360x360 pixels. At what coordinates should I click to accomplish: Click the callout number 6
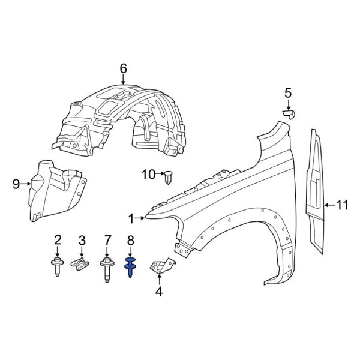pos(123,69)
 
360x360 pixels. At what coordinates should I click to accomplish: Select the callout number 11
pos(341,206)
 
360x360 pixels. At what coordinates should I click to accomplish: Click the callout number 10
pos(148,175)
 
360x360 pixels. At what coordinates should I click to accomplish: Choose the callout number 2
pos(58,241)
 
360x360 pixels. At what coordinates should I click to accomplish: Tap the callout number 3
pos(82,241)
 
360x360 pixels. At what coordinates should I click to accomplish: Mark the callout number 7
pos(108,241)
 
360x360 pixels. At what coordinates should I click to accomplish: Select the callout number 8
pos(130,241)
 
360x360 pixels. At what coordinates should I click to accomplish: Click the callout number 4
pos(158,292)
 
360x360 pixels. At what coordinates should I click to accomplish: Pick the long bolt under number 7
pos(108,269)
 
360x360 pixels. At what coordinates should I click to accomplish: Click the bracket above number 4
pos(162,266)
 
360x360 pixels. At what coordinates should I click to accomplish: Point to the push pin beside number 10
pos(168,178)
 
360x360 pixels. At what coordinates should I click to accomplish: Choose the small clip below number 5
pos(290,113)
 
